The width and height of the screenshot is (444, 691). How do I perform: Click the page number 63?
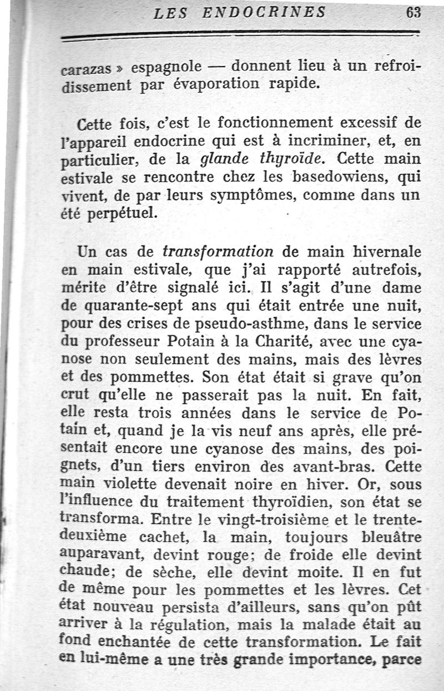[x=412, y=13]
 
